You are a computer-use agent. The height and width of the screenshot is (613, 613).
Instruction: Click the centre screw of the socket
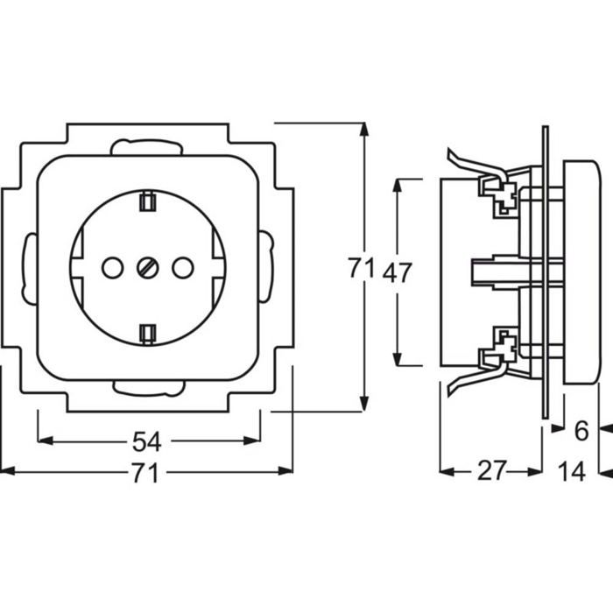(x=147, y=268)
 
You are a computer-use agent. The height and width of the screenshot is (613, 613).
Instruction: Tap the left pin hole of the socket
(x=113, y=268)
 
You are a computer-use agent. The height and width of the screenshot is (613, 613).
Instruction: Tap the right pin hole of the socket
(x=182, y=268)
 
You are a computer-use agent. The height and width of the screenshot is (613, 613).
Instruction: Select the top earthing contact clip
(x=147, y=201)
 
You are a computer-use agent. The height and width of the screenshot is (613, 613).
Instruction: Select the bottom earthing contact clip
(x=147, y=335)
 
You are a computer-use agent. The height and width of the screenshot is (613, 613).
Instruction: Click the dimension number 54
(x=146, y=441)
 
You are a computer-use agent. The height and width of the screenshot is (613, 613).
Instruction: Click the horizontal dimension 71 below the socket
(x=144, y=473)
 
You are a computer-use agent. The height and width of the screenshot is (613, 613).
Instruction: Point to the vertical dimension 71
(x=361, y=268)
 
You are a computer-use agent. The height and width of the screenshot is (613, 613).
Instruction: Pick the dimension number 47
(x=398, y=272)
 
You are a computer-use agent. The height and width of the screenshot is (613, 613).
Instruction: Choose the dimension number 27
(x=492, y=471)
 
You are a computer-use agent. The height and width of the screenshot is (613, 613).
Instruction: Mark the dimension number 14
(x=571, y=471)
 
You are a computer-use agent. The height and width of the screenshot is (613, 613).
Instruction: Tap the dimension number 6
(x=581, y=431)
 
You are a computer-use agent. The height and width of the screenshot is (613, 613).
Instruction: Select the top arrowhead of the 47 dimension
(x=398, y=186)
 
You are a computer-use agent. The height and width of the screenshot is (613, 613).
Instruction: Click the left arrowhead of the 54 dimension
(x=45, y=441)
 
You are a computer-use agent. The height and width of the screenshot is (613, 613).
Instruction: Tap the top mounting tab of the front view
(x=146, y=147)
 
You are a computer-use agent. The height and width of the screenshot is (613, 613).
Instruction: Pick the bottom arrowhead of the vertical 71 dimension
(x=364, y=404)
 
